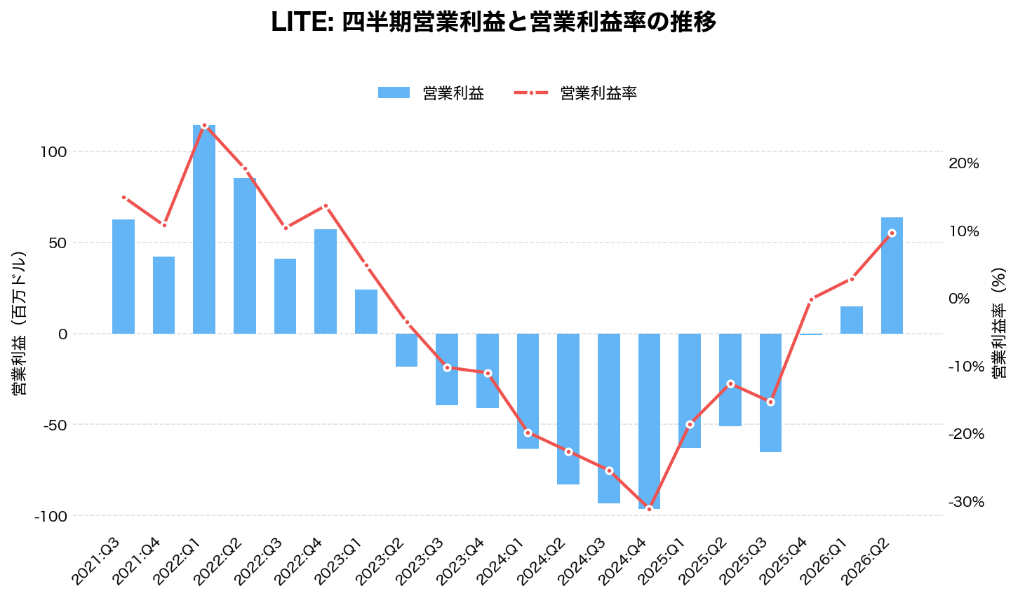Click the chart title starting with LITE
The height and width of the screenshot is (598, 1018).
[x=493, y=22]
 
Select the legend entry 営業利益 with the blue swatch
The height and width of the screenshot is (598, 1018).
[x=431, y=93]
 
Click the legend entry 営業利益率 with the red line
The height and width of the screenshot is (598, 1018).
[x=575, y=93]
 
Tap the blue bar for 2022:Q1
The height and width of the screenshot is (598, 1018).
[x=204, y=229]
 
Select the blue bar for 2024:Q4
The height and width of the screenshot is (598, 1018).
[x=649, y=421]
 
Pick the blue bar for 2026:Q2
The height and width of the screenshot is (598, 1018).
[x=892, y=276]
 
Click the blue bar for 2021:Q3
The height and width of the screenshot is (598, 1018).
[x=123, y=276]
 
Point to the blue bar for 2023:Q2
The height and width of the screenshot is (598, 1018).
[x=406, y=350]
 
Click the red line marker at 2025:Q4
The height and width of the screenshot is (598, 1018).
[x=811, y=299]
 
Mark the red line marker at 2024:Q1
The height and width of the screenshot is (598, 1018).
[x=528, y=433]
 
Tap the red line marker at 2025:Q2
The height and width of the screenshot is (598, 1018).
[x=730, y=383]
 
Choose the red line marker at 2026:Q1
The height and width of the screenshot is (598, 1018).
[x=852, y=279]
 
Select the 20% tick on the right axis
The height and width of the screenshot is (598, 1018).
[x=963, y=163]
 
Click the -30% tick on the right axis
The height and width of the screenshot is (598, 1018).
[x=966, y=502]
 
